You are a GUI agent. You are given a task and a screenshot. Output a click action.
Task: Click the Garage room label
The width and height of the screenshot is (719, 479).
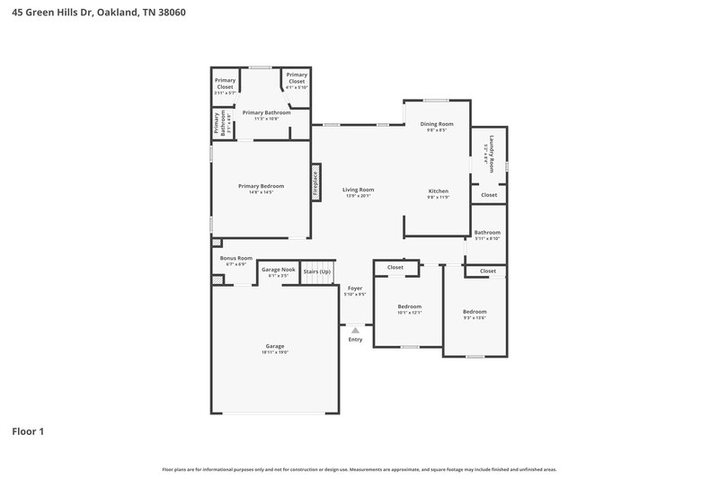pos(274,346)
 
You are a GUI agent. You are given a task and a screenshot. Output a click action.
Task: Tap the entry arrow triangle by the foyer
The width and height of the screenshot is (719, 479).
pos(355,331)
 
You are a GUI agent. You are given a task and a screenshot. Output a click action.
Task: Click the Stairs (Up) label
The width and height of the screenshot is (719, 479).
pos(316,271)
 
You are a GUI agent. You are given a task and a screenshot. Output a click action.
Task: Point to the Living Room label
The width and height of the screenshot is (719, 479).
pos(358,190)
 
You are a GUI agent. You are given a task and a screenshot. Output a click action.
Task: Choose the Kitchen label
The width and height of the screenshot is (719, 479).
pos(438,191)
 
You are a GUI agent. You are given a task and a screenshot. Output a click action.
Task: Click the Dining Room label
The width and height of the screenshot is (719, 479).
pos(438,124)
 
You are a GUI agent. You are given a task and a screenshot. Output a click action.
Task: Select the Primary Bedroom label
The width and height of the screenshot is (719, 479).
pos(261,186)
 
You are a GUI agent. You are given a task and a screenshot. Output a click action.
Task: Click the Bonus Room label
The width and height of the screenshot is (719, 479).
pos(235,258)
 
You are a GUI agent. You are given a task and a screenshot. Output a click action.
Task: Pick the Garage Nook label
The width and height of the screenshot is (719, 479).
pos(278,270)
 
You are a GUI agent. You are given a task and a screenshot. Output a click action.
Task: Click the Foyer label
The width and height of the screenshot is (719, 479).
pos(355,288)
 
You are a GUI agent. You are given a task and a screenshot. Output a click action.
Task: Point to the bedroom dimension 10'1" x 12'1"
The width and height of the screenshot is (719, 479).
pos(409,313)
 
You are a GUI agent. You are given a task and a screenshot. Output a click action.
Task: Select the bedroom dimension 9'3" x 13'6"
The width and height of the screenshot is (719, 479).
pos(475,317)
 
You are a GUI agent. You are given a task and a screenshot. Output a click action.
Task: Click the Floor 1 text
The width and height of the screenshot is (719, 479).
pos(28,431)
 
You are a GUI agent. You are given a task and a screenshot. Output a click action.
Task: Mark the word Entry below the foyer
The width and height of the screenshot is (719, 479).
pos(355,340)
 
